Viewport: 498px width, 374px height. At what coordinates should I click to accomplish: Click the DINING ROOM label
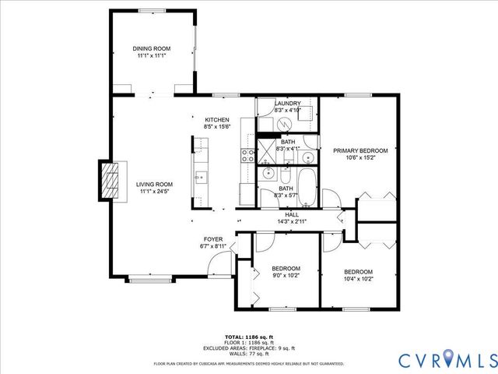pyautogui.click(x=151, y=49)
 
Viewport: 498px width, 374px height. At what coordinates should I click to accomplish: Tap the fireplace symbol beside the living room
pyautogui.click(x=111, y=182)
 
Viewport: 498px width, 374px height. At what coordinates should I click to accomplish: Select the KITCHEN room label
pyautogui.click(x=216, y=119)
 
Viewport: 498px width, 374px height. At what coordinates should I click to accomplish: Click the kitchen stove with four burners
pyautogui.click(x=247, y=154)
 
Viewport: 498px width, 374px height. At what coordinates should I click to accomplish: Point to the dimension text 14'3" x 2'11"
pyautogui.click(x=292, y=222)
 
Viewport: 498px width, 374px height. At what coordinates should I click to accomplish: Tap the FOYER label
pyautogui.click(x=213, y=239)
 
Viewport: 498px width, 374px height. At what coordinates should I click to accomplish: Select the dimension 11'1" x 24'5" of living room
pyautogui.click(x=155, y=191)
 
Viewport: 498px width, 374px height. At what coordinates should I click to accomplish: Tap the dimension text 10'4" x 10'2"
pyautogui.click(x=359, y=279)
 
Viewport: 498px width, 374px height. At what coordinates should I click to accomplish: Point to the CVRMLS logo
pyautogui.click(x=447, y=359)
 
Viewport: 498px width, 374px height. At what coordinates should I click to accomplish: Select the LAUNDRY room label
pyautogui.click(x=287, y=103)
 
